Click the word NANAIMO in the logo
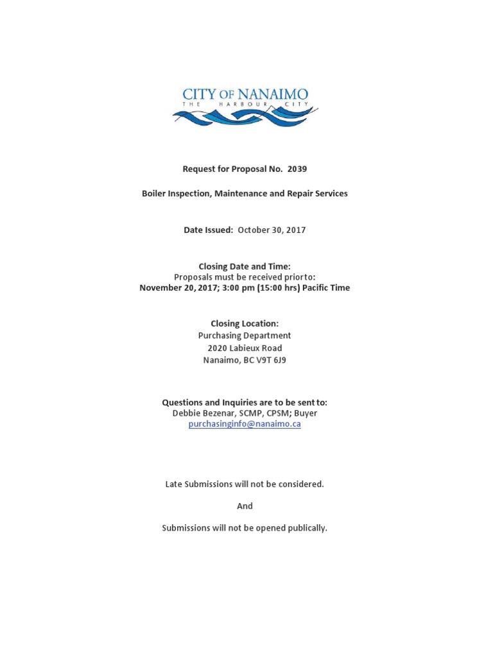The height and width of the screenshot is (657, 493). tap(273, 94)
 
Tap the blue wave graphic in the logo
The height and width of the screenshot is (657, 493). tap(245, 117)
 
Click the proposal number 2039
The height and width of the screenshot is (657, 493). tap(297, 169)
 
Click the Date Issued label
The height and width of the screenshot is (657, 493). tap(208, 230)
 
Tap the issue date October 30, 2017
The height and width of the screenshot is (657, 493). tap(272, 230)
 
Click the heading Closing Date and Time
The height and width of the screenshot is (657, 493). tap(245, 266)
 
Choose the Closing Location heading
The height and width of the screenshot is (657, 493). tap(245, 323)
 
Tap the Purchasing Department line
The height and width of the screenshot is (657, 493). tap(245, 336)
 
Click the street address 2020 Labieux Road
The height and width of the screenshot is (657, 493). tap(245, 348)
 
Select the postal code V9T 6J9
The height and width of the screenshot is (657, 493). tap(271, 360)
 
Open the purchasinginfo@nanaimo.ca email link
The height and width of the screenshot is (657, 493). tap(245, 424)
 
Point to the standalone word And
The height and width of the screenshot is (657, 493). tap(245, 506)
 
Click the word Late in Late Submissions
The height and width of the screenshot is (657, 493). tap(174, 484)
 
